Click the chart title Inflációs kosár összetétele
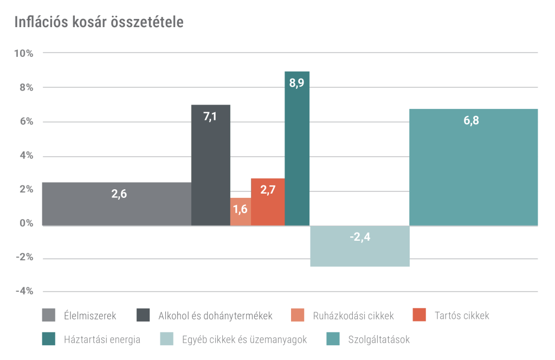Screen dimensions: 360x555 pyautogui.click(x=99, y=23)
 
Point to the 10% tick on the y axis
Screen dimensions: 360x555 pyautogui.click(x=24, y=53)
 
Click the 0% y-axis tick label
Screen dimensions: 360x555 pyautogui.click(x=26, y=223)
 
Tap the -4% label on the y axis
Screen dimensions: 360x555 pyautogui.click(x=25, y=292)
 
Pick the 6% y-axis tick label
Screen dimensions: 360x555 pyautogui.click(x=26, y=121)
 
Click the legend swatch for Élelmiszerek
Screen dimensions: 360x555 pyautogui.click(x=49, y=315)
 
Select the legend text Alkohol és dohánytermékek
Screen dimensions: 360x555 pyautogui.click(x=215, y=315)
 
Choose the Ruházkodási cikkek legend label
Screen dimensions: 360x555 pyautogui.click(x=353, y=315)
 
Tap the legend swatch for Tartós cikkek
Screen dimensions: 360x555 pyautogui.click(x=419, y=315)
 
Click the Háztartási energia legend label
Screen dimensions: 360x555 pyautogui.click(x=102, y=340)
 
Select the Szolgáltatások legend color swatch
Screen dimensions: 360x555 pyautogui.click(x=332, y=340)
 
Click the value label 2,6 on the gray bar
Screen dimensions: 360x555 pyautogui.click(x=119, y=194)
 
